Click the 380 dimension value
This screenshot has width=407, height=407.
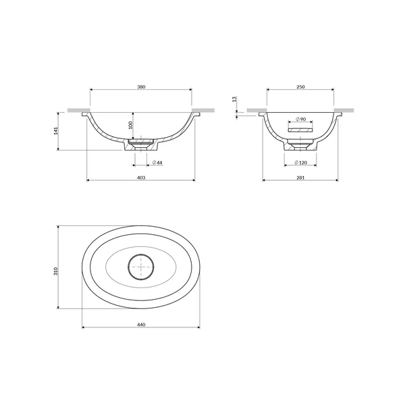pyautogui.click(x=141, y=86)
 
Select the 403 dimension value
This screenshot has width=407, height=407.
pyautogui.click(x=141, y=178)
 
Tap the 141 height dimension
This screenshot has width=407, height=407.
pyautogui.click(x=56, y=131)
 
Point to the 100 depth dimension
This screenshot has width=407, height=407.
pyautogui.click(x=130, y=125)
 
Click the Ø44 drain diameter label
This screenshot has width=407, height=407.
pyautogui.click(x=157, y=163)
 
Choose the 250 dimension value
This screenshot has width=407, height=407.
pyautogui.click(x=300, y=86)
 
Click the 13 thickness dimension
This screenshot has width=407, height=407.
pyautogui.click(x=234, y=99)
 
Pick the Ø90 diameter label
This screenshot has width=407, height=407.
pyautogui.click(x=301, y=119)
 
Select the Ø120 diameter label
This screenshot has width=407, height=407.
pyautogui.click(x=301, y=163)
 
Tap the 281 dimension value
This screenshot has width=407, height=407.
pyautogui.click(x=300, y=178)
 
